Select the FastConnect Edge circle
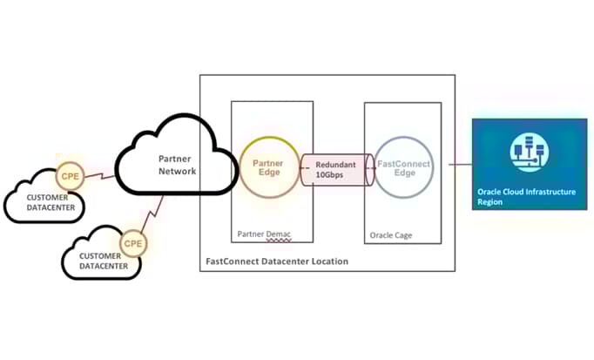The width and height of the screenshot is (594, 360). [x=399, y=169]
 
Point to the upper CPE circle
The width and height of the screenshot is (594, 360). [x=70, y=176]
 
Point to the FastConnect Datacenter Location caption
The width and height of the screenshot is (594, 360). [x=276, y=261]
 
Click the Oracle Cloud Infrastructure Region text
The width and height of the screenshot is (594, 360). [x=526, y=197]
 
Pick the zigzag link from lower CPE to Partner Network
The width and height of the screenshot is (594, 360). [x=157, y=214]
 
